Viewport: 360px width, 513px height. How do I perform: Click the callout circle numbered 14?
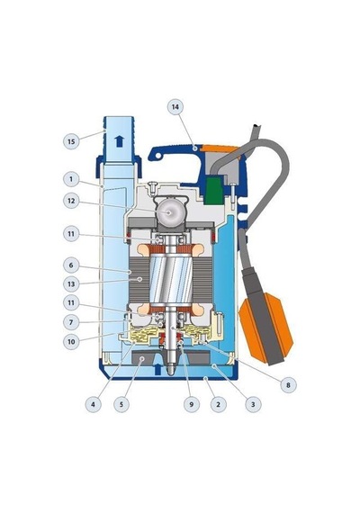tap(175, 107)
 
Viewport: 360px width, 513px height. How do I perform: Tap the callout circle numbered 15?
tap(71, 141)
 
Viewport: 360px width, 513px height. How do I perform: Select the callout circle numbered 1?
tap(71, 179)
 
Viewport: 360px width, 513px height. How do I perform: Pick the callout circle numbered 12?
tap(71, 201)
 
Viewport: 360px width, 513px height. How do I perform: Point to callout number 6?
tap(71, 265)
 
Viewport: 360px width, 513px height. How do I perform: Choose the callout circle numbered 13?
tap(71, 284)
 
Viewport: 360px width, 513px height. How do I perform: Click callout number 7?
tap(71, 322)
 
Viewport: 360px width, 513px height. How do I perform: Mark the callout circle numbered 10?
tap(71, 342)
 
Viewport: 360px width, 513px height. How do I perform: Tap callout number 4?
tap(94, 404)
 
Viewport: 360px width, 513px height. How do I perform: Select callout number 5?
tap(121, 404)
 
